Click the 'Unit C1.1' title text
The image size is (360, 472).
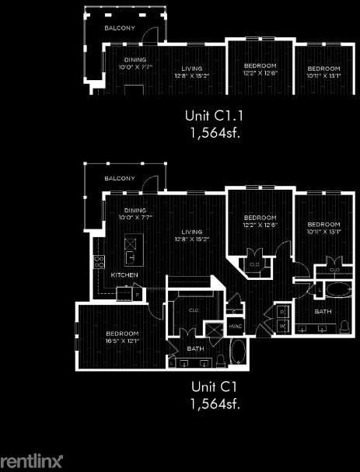coord(212,116)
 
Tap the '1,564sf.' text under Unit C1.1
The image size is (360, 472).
coord(212,132)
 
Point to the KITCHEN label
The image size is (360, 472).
coord(125,275)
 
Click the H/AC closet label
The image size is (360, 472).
coord(235,325)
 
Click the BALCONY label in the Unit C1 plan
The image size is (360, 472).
coord(121,179)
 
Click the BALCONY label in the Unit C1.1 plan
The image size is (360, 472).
coord(121,28)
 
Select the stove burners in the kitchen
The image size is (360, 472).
coord(100,262)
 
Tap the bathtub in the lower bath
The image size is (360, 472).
coord(236,354)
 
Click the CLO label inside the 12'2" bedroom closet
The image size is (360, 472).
coord(254,264)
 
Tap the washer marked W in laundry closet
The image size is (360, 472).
coord(281,326)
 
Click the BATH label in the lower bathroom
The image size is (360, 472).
coord(195,348)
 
